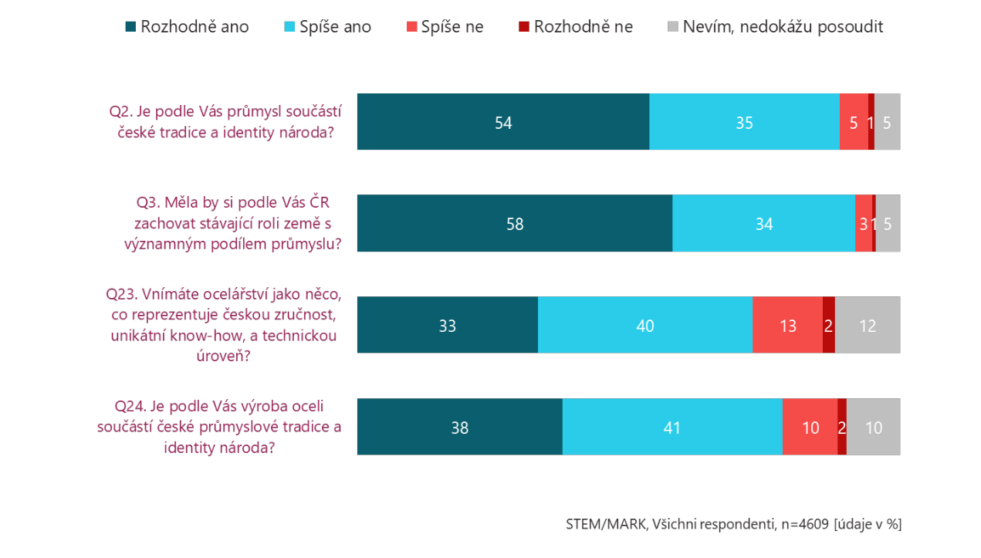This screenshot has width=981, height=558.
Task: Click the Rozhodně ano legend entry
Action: coord(186,27)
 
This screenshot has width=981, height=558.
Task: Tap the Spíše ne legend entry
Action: coord(445,27)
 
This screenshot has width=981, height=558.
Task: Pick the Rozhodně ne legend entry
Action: coord(575,27)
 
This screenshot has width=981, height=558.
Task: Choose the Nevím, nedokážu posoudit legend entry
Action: coord(774,27)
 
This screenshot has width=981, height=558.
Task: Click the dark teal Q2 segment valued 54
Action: coord(503,122)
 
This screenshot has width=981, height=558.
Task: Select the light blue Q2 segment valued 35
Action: coord(744,122)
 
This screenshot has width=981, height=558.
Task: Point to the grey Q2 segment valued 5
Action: coord(887,122)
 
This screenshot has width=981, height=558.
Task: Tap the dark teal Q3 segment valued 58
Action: coord(514,224)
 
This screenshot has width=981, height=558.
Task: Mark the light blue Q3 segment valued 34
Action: coord(763,224)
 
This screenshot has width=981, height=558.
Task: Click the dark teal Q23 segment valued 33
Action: coord(447,325)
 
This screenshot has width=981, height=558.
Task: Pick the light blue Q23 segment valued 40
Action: coord(644,325)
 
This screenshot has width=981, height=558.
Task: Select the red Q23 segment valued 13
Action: coord(787,325)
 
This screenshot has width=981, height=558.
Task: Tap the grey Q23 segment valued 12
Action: coord(868,325)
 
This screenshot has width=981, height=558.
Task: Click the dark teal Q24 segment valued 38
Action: coord(459,427)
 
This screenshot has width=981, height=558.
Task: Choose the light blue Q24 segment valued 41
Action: coord(671,427)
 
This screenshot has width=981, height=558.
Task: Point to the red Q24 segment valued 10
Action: coord(810,427)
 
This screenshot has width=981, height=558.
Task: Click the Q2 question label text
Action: coord(225,121)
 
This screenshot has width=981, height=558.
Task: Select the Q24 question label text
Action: coord(220,426)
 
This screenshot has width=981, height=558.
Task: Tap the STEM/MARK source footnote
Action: coord(733,524)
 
